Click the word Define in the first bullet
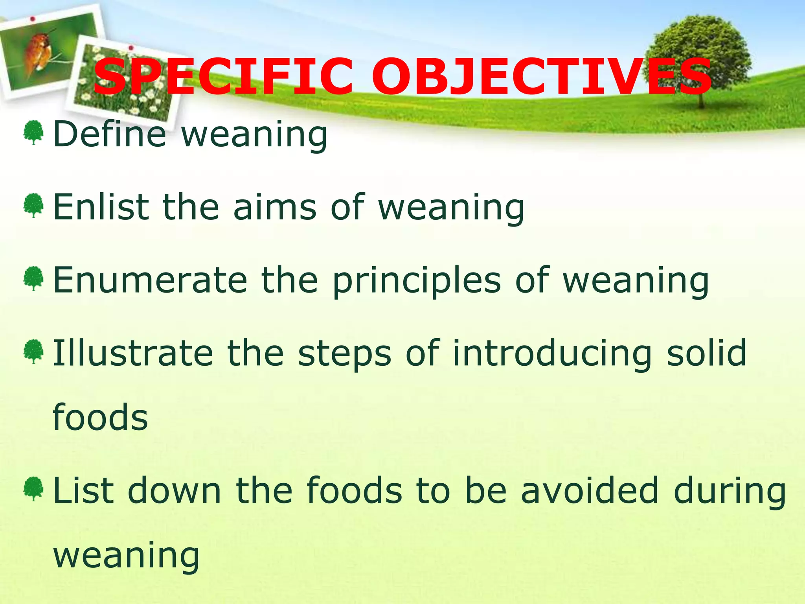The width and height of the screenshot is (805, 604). (x=110, y=134)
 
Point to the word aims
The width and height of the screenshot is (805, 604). (x=275, y=207)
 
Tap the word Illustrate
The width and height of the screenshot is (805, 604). (x=133, y=353)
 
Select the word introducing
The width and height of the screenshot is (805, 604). (x=552, y=354)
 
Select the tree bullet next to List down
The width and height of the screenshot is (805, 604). (x=33, y=489)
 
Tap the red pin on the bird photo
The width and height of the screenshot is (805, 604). (x=33, y=19)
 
